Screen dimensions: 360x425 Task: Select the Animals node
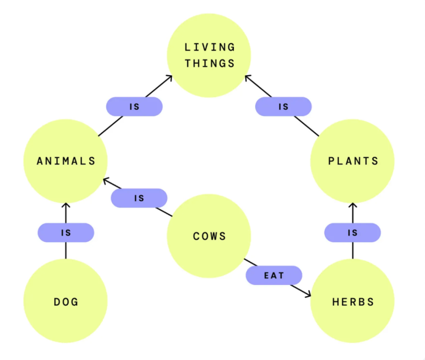66,161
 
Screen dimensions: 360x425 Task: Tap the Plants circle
353,161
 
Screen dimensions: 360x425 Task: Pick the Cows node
209,236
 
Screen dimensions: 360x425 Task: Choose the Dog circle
66,302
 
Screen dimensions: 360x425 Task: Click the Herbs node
353,302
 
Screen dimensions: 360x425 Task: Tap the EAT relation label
274,275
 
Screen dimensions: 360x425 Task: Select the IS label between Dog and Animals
66,233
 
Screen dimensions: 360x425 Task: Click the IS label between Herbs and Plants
353,233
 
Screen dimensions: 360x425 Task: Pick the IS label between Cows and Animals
139,198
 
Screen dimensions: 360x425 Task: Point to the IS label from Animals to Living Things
134,107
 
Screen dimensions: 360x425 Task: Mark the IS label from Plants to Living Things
283,107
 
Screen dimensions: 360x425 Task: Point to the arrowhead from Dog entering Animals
66,205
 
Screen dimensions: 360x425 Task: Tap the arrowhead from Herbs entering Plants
353,205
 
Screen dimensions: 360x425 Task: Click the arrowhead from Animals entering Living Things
169,78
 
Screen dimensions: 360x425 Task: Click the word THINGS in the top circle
210,63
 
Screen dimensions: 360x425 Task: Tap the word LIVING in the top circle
210,47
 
